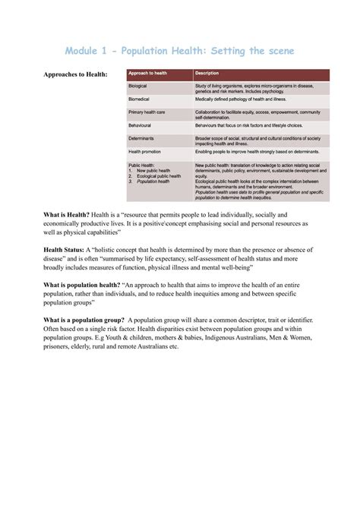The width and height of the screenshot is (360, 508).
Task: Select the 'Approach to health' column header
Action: [148, 73]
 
